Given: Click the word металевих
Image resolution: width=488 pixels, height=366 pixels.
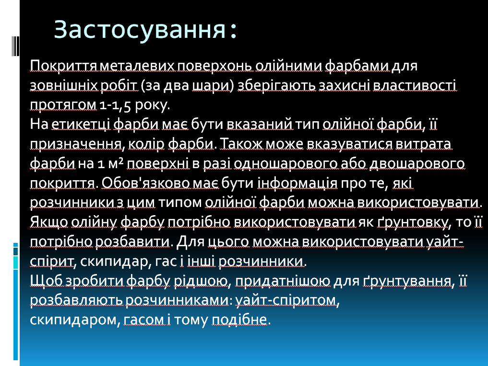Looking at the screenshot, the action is pyautogui.click(x=138, y=66).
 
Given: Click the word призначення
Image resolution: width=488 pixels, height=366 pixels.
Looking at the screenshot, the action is pyautogui.click(x=76, y=144).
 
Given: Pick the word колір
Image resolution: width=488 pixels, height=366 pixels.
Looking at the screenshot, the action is pyautogui.click(x=146, y=144).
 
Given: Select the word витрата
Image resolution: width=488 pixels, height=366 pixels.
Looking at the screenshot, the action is pyautogui.click(x=423, y=144).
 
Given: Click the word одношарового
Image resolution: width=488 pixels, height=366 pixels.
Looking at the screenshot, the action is pyautogui.click(x=286, y=163).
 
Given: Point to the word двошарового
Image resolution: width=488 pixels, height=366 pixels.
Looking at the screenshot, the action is pyautogui.click(x=417, y=163).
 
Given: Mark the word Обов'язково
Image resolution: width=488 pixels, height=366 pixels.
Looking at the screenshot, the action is pyautogui.click(x=145, y=183).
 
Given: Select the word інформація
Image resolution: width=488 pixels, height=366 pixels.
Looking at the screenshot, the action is pyautogui.click(x=297, y=183).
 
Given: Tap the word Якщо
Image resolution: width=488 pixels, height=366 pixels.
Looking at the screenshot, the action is pyautogui.click(x=49, y=222).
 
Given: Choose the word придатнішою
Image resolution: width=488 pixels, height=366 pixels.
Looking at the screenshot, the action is pyautogui.click(x=283, y=281).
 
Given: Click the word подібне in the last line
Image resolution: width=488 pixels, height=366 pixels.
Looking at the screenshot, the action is pyautogui.click(x=239, y=320).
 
